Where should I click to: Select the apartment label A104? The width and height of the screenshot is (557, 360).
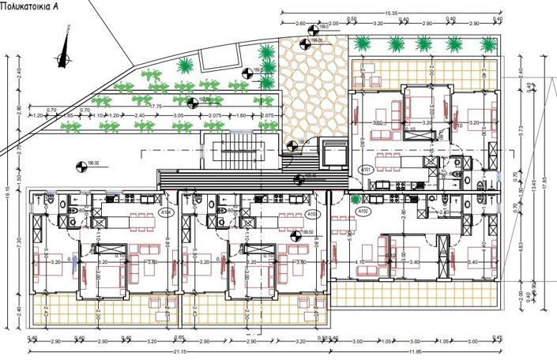point(166,212)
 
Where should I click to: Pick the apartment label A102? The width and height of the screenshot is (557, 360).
point(364,212)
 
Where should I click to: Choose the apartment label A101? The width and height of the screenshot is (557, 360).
point(365,170)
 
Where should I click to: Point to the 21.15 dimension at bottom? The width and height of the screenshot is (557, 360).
point(179,353)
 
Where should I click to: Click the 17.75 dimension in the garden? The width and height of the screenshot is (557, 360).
point(156,106)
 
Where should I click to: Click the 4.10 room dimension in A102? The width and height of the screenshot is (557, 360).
point(360,262)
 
